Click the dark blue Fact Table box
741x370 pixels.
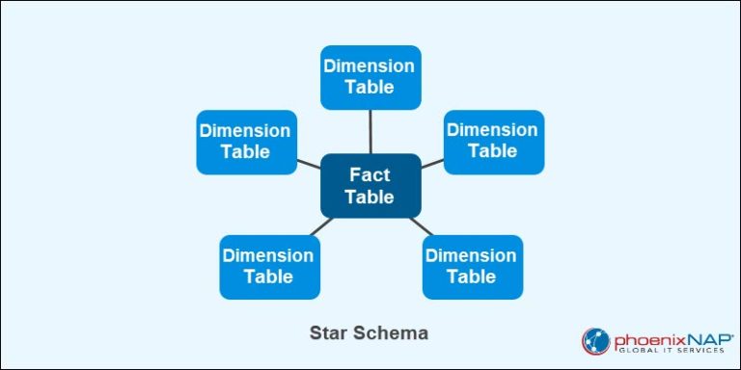point(370,185)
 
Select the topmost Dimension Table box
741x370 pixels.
point(370,76)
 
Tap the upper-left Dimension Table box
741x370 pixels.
point(245,141)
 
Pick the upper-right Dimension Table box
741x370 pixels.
point(493,141)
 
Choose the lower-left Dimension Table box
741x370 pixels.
point(268,266)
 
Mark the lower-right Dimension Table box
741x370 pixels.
point(472,266)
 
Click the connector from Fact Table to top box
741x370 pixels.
point(370,131)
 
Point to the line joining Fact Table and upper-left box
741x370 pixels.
point(308,163)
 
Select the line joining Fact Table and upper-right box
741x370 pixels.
point(432,163)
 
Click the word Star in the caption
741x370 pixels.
point(328,333)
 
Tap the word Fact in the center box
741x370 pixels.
point(370,174)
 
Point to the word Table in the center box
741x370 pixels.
point(370,197)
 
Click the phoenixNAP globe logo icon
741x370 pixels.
point(595,341)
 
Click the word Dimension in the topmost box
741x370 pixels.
point(370,66)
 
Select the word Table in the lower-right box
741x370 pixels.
point(472,277)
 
